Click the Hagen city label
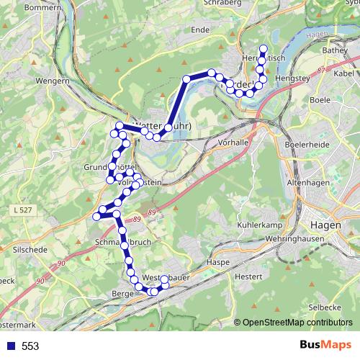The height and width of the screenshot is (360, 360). (x=328, y=225)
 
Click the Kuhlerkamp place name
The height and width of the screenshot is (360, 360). (x=257, y=225)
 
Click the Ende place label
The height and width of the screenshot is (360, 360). (x=201, y=30)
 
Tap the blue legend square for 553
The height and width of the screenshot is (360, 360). (x=9, y=346)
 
